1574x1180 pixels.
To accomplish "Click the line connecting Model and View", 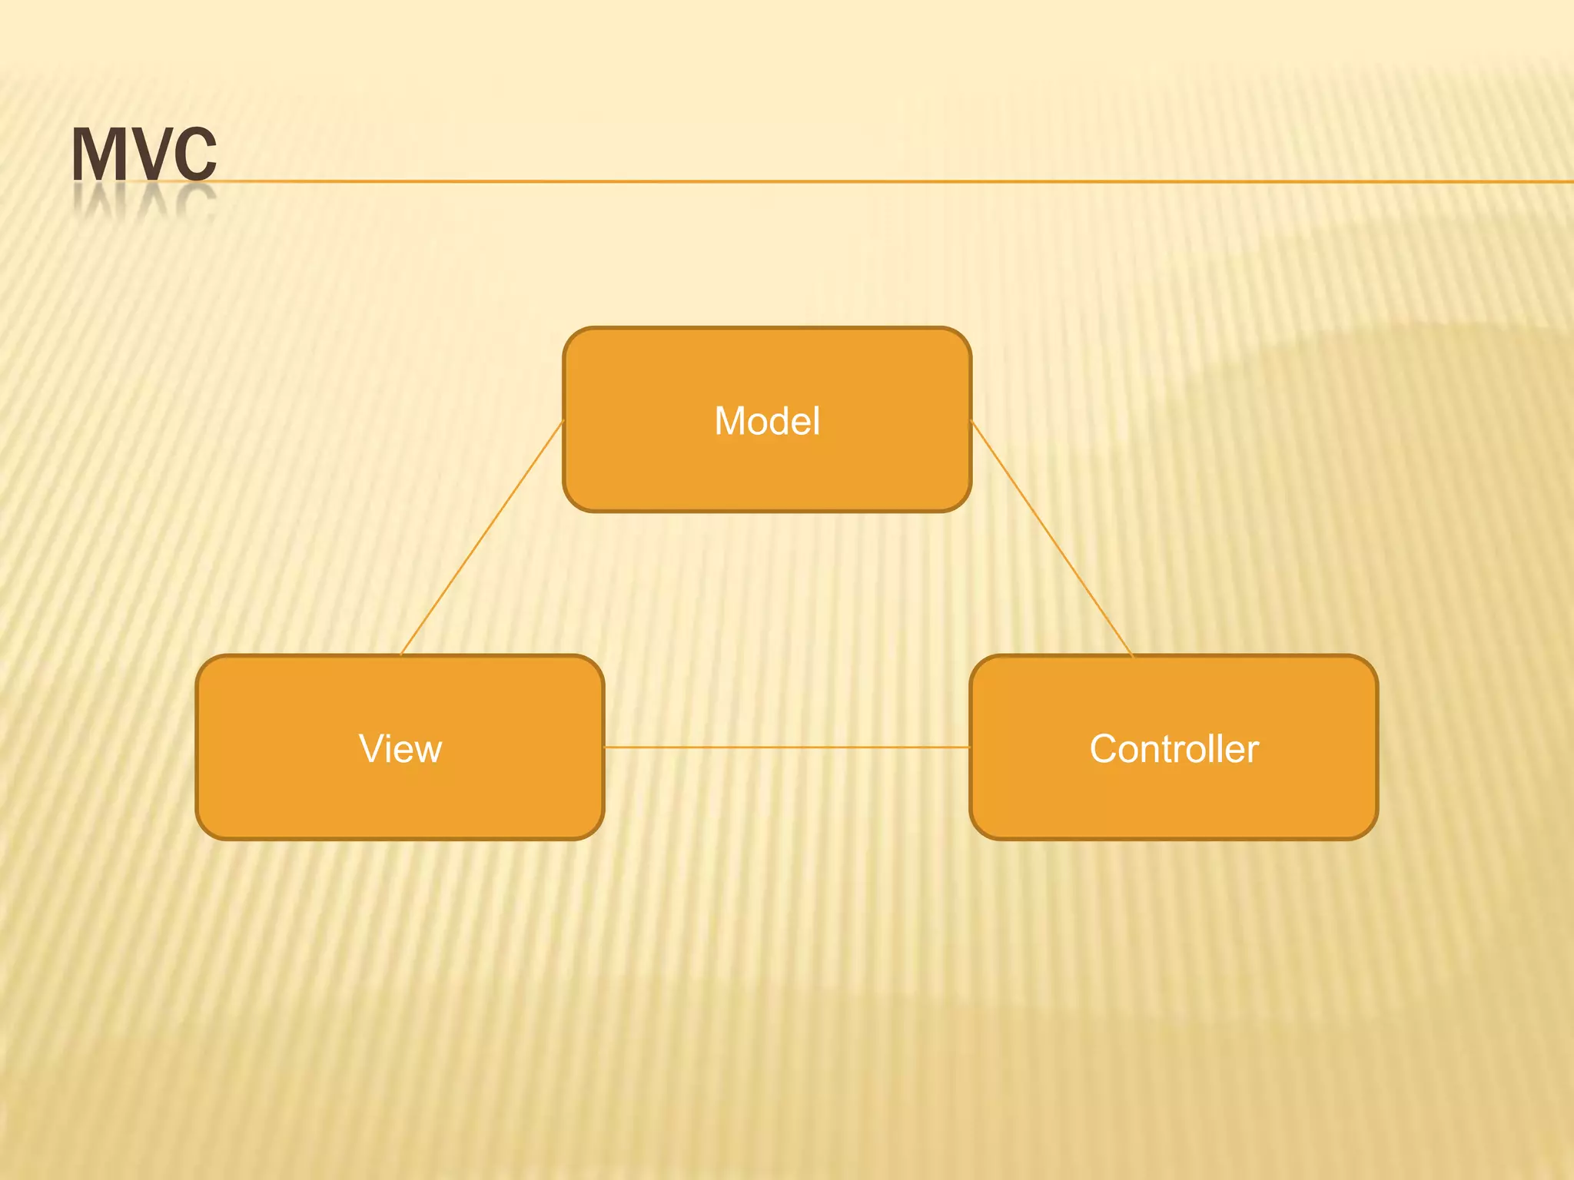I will point(483,538).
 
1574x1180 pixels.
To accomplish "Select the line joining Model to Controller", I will point(1052,538).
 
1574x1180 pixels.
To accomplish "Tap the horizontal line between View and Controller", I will point(786,746).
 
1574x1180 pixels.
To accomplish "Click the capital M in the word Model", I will point(730,421).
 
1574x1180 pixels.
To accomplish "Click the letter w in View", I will point(427,751).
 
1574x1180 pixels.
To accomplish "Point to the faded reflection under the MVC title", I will point(144,203).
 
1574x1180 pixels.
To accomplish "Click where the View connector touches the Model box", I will point(563,422).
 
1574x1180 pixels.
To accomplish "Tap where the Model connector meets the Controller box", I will point(1133,655).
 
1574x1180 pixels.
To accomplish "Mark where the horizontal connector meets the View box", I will point(604,746).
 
